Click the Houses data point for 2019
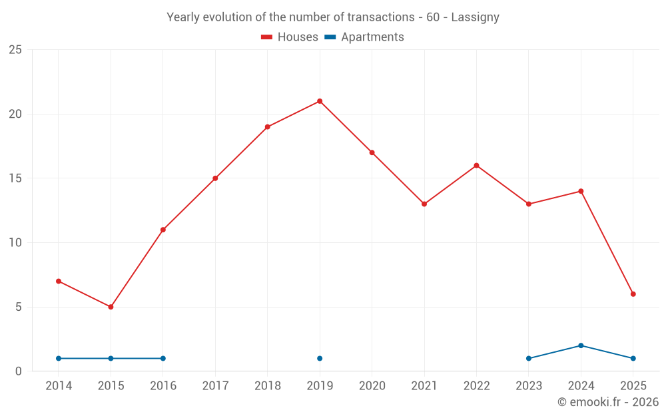[x=320, y=101]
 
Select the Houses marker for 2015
[x=111, y=307]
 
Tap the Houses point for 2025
[x=633, y=294]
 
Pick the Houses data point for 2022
[x=476, y=166]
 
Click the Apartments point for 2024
[x=581, y=345]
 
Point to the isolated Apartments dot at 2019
[x=320, y=359]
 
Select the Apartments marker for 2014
[x=59, y=359]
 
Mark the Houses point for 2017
[x=215, y=178]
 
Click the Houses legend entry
[x=290, y=37]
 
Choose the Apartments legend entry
[x=364, y=37]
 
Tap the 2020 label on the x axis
[x=372, y=386]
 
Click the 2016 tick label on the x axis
[x=163, y=386]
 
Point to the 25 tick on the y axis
[x=15, y=50]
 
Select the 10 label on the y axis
[x=15, y=243]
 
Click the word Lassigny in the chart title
[x=475, y=17]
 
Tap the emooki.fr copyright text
[x=608, y=402]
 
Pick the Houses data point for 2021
[x=424, y=204]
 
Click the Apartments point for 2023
[x=529, y=359]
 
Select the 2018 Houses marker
[x=267, y=127]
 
